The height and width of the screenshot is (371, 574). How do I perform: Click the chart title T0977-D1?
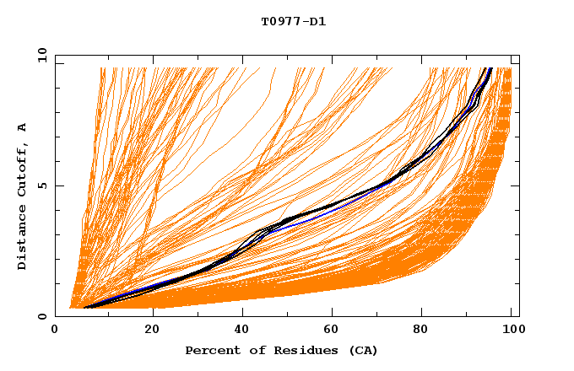coord(293,21)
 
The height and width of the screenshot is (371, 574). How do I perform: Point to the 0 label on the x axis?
coord(55,330)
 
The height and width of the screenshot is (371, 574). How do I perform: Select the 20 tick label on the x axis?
coord(147,330)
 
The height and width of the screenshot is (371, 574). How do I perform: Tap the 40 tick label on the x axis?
coord(238,330)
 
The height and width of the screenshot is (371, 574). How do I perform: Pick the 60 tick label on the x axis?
coord(329,330)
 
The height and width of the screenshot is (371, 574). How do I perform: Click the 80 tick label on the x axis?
coord(420,330)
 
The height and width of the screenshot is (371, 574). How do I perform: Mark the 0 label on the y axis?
coord(42,317)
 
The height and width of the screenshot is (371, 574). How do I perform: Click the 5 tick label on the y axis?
coord(42,185)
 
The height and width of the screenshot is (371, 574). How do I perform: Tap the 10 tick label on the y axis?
coord(41,55)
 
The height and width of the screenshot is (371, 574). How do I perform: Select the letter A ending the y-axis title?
coord(22,127)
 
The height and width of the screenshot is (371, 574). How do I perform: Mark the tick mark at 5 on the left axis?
coord(57,185)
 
